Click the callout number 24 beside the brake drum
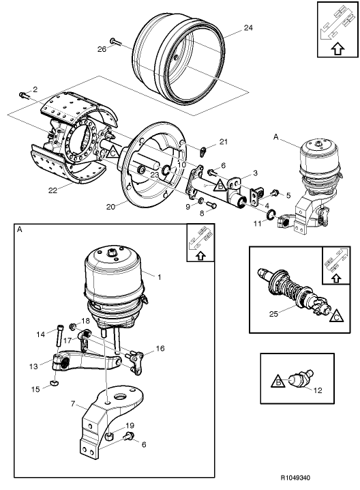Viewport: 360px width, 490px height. [247, 29]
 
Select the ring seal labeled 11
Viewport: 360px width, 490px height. [271, 217]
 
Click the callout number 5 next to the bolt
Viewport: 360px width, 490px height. [288, 196]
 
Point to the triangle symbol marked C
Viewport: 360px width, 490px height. [339, 316]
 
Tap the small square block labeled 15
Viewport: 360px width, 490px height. [52, 386]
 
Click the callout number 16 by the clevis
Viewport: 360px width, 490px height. [160, 348]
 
